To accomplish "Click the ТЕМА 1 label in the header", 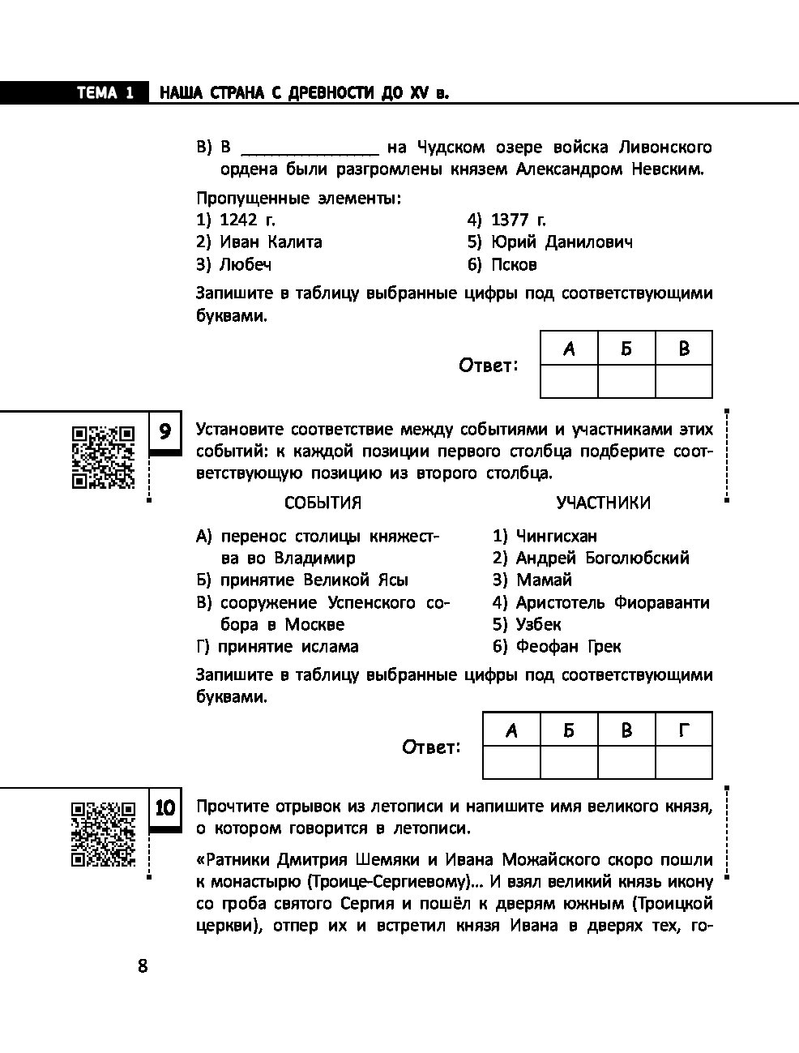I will (105, 93).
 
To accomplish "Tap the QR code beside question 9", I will (103, 457).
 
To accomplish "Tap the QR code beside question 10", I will (103, 834).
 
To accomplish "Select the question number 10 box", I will (165, 808).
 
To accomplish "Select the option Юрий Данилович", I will (550, 242).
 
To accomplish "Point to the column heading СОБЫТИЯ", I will (323, 503).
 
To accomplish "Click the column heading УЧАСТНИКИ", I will (603, 503).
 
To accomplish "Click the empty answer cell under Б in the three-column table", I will (626, 381).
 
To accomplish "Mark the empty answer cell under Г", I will (683, 763).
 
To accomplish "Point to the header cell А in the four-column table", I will (511, 731).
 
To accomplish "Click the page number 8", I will (143, 966).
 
